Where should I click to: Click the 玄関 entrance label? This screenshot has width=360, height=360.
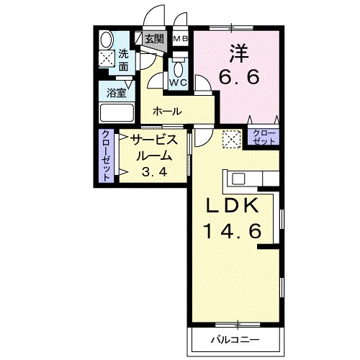[153, 39]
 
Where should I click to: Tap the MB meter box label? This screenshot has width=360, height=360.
[180, 39]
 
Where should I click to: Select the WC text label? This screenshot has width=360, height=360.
[178, 82]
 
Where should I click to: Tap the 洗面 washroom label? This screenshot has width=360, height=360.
[123, 60]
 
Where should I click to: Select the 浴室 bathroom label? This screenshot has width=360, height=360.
[117, 93]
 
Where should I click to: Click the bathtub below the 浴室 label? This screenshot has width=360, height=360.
[117, 113]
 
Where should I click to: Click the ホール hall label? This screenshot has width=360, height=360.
[166, 112]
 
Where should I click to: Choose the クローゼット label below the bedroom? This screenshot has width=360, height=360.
[264, 138]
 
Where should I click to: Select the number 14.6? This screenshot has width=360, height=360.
[231, 232]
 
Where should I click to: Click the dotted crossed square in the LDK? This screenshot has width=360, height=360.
[231, 138]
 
